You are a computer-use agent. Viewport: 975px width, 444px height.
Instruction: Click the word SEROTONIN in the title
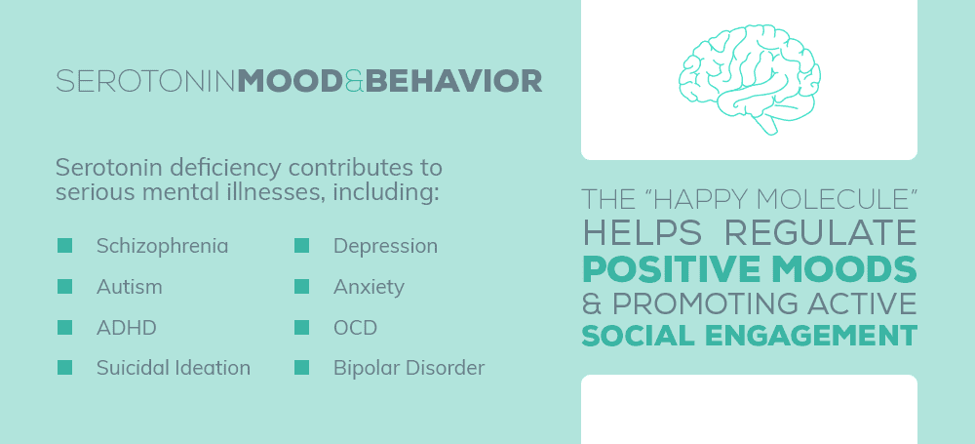click(x=146, y=82)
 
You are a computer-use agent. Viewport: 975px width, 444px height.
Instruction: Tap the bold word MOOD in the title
click(x=290, y=82)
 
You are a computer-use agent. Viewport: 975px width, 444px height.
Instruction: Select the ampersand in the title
click(x=354, y=82)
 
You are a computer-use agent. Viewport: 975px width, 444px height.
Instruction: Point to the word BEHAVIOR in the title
click(x=454, y=82)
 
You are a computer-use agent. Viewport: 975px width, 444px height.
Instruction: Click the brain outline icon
click(x=749, y=79)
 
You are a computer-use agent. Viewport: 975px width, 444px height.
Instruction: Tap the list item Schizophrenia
click(x=162, y=247)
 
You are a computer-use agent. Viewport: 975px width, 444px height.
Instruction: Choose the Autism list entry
click(x=130, y=287)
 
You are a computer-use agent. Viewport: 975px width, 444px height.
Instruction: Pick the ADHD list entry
click(x=126, y=328)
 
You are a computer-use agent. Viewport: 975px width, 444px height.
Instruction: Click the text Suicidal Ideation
click(x=174, y=368)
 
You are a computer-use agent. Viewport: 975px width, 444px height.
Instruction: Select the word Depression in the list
click(x=385, y=247)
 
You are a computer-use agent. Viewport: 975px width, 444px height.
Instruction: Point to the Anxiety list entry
click(x=369, y=288)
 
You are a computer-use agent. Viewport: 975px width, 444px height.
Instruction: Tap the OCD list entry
click(x=355, y=328)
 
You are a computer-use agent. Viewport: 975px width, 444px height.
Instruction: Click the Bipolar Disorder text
click(x=409, y=368)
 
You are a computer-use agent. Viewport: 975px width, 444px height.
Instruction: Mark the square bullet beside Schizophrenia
click(x=64, y=245)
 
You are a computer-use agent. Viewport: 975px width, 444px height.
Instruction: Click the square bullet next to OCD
click(x=301, y=328)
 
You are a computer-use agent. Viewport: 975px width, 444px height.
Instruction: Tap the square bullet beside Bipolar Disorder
click(x=301, y=368)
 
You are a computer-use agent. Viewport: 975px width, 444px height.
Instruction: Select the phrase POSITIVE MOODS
click(x=749, y=268)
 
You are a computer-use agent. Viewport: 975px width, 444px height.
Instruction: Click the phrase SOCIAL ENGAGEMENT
click(x=749, y=336)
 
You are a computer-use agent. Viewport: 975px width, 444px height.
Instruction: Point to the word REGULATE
click(x=821, y=233)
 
